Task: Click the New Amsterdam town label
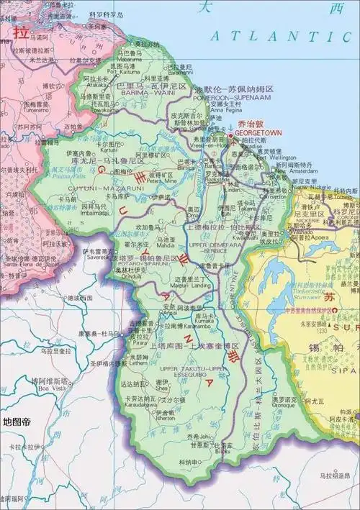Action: coord(282,171)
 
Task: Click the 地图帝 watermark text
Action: coord(17,422)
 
